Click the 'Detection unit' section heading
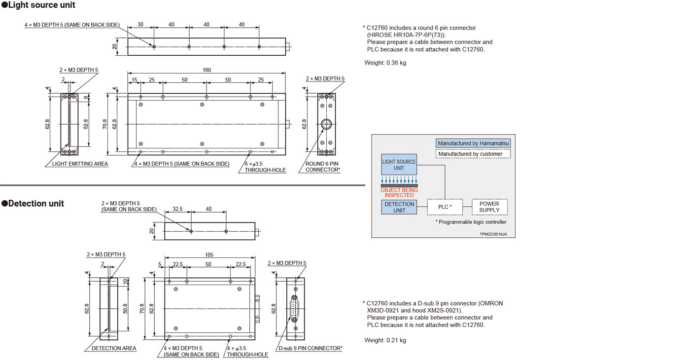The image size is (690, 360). pos(33,203)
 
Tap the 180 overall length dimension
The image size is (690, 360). pos(207,70)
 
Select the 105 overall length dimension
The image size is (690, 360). pos(210,255)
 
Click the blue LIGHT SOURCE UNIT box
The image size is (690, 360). pos(399,165)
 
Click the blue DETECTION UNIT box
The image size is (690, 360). pos(399,207)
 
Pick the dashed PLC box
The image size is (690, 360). pos(445,207)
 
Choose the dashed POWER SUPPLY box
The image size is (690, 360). pos(489,207)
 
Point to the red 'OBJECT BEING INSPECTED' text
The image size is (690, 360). pos(399,192)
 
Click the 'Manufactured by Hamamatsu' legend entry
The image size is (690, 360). pos(473,144)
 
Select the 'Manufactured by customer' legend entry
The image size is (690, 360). pos(473,154)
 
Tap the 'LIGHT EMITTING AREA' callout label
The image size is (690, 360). pos(80,164)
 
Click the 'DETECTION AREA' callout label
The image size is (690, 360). pos(114,348)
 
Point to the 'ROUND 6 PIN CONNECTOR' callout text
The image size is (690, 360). pos(322,167)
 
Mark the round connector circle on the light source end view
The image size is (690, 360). pos(325,124)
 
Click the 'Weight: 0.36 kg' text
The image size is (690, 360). pos(385,63)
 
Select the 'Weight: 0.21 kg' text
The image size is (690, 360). pos(385,340)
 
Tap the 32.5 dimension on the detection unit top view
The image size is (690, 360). pos(178,209)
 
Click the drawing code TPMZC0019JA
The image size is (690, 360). pos(493,234)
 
